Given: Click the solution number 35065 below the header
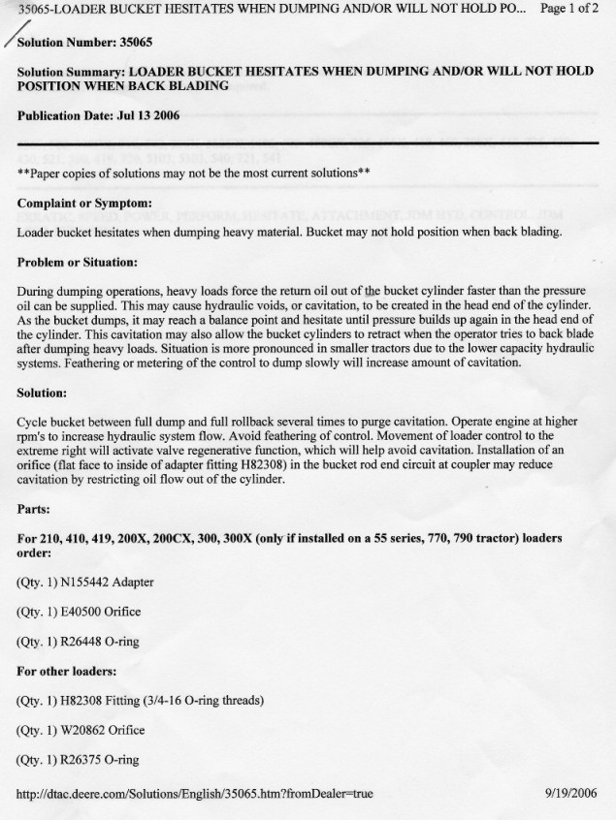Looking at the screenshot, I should pyautogui.click(x=133, y=44).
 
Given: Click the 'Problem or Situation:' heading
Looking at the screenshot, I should pyautogui.click(x=78, y=262).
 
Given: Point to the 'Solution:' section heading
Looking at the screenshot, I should pyautogui.click(x=42, y=394).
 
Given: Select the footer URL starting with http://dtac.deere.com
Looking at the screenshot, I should pyautogui.click(x=195, y=794).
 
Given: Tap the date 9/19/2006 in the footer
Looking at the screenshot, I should pyautogui.click(x=572, y=794).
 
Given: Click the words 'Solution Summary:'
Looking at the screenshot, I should pyautogui.click(x=71, y=72).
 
